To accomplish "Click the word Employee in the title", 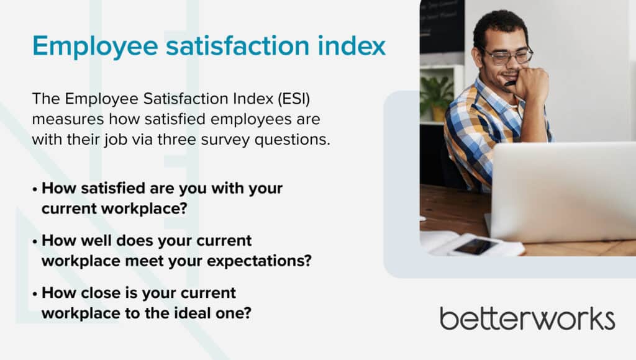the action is (95, 47).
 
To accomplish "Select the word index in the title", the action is (352, 45).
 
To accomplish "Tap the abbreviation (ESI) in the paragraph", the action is (294, 99).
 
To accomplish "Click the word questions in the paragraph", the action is (292, 140).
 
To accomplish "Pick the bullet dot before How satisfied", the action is (35, 189).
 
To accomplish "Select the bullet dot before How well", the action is (35, 241).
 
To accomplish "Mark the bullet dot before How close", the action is (35, 294).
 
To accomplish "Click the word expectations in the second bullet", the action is (259, 261).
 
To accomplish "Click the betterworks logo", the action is (527, 318).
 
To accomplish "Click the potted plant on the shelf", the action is (437, 98).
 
